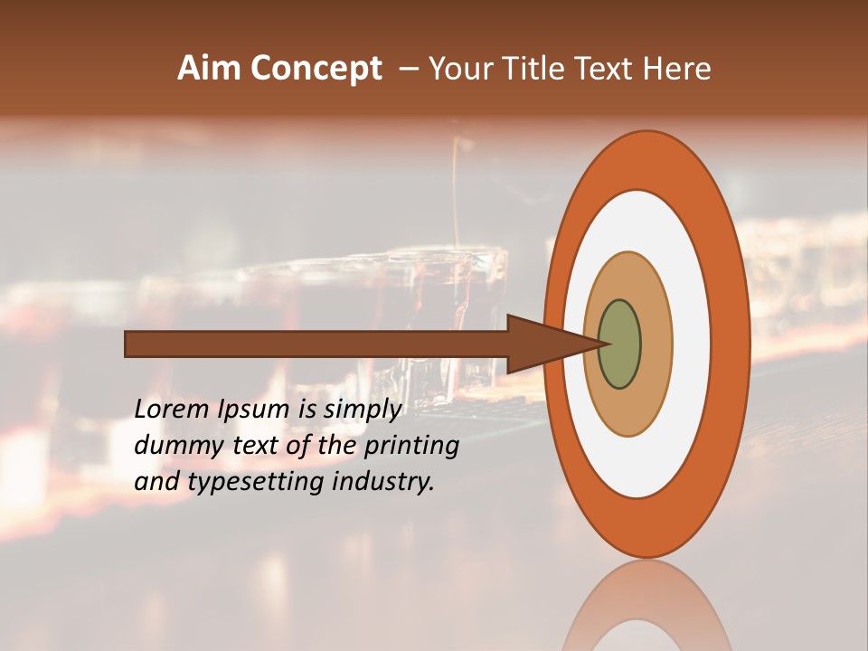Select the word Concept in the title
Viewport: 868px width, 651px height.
(x=316, y=70)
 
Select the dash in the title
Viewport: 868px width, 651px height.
(x=408, y=70)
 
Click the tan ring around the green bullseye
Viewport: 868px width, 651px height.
(x=655, y=344)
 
